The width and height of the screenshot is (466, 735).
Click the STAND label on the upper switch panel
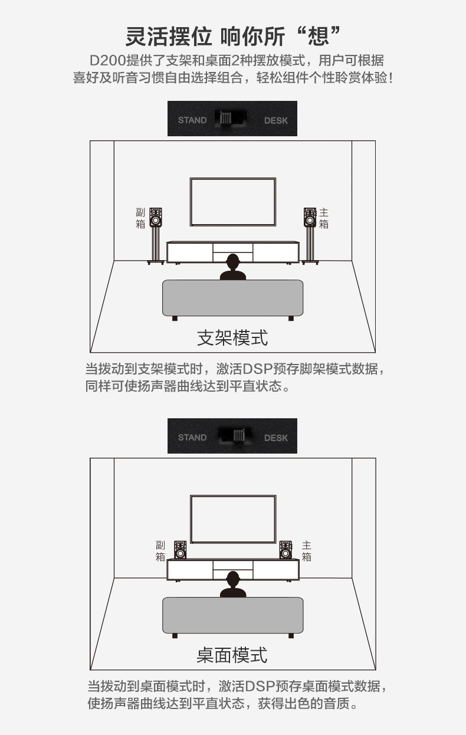pos(192,120)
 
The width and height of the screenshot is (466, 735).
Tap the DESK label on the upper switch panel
pos(275,120)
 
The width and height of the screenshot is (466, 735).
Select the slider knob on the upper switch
pos(226,118)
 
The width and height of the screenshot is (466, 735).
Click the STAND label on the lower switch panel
pos(192,437)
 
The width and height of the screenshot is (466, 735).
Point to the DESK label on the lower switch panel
pos(275,438)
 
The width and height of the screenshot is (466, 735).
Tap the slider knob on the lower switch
pos(239,435)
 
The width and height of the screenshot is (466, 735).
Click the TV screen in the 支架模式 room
pos(233,202)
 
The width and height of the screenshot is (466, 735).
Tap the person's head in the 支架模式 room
pos(233,261)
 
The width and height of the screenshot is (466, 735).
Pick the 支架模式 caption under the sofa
pos(232,337)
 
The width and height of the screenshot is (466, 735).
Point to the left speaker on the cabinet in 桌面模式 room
pos(180,550)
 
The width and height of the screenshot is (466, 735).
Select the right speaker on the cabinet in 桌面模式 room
pos(285,550)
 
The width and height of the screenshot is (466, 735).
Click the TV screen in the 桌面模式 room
pos(233,519)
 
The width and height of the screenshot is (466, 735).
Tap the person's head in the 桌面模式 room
pos(233,579)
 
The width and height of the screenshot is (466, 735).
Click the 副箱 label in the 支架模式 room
pos(140,218)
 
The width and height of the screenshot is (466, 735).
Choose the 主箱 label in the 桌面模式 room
pos(307,551)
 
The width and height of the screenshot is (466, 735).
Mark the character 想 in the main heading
pos(318,36)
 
